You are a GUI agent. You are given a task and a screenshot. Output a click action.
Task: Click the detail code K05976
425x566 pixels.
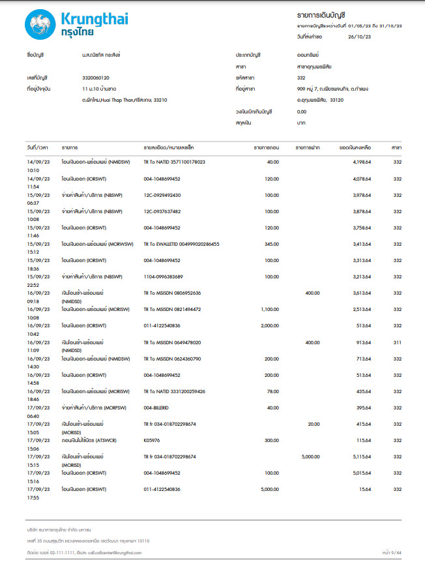click(152, 440)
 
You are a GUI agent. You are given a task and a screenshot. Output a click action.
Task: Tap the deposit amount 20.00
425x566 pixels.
click(314, 424)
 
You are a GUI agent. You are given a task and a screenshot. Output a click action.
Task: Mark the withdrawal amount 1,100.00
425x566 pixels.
click(266, 309)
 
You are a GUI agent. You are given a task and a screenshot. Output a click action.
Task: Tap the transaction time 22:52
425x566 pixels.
click(33, 285)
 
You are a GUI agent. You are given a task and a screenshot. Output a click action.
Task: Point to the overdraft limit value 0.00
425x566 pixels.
click(301, 112)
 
